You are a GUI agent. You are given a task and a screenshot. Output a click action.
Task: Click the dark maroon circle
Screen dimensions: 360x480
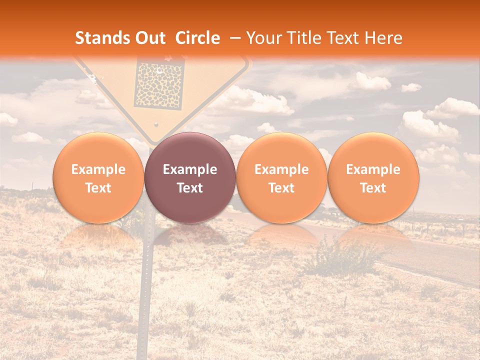[x=190, y=178]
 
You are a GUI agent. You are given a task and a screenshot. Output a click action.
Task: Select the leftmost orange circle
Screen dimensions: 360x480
[x=98, y=178]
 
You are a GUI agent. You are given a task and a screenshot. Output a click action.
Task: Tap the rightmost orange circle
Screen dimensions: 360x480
[x=373, y=178]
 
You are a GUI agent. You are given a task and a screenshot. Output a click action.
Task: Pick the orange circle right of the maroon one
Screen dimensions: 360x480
[x=281, y=178]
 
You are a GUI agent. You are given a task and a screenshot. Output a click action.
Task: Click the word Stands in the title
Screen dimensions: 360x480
[x=102, y=38]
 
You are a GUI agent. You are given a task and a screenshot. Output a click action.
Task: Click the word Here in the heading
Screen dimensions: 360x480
[x=384, y=38]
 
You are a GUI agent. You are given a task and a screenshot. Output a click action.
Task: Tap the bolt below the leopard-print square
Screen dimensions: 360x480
[x=156, y=124]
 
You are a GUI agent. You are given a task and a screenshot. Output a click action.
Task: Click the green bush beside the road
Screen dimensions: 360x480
[x=340, y=255]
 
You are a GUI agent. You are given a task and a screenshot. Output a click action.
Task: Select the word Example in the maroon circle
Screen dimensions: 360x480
[x=190, y=169]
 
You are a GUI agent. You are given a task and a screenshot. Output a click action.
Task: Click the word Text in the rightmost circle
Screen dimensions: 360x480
[x=373, y=188]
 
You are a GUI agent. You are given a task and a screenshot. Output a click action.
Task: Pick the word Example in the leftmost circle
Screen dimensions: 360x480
[x=98, y=169]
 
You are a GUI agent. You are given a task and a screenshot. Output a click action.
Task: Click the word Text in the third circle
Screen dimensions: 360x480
[x=281, y=188]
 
